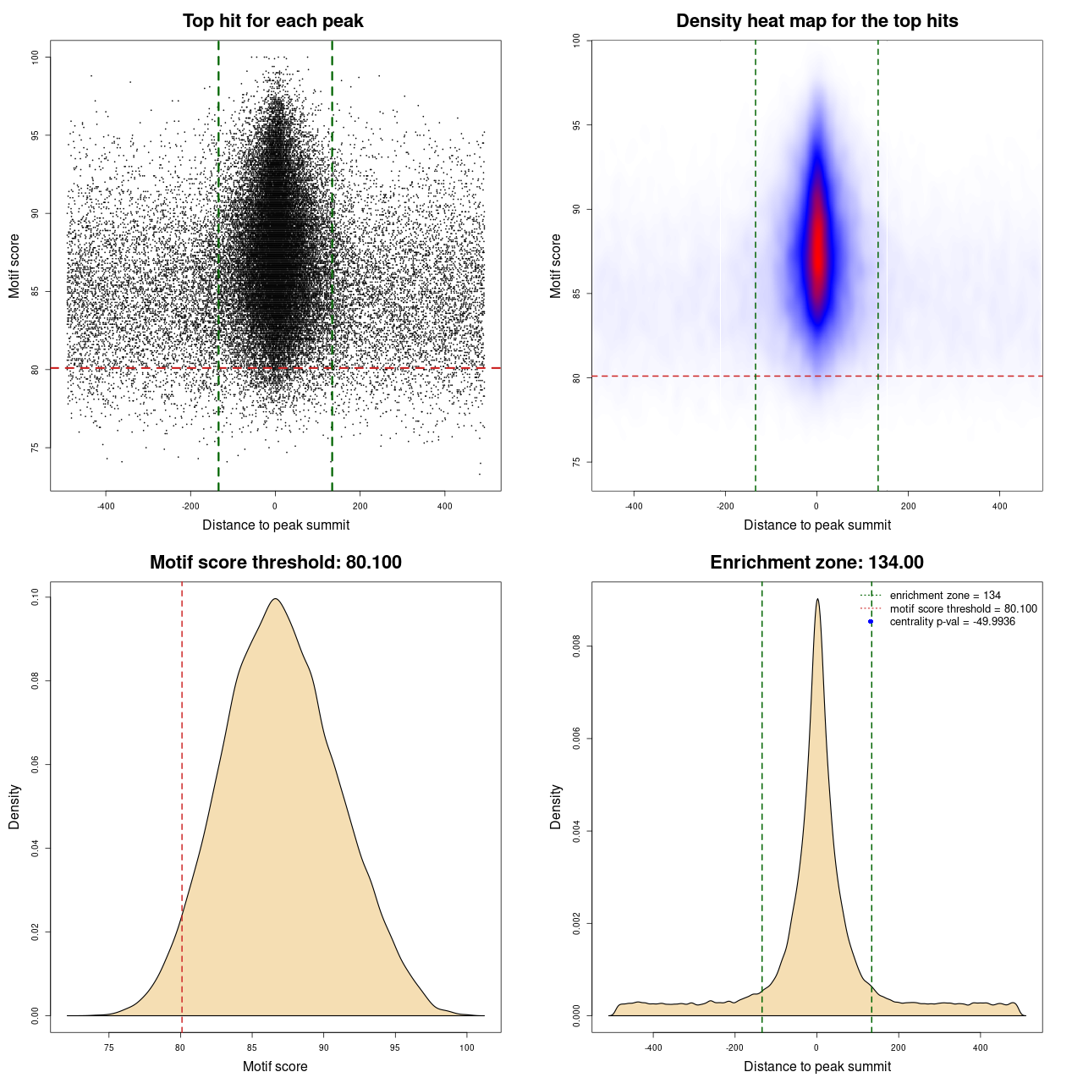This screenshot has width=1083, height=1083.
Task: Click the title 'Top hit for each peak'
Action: tap(273, 21)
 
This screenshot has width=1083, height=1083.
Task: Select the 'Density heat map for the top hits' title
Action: tap(816, 21)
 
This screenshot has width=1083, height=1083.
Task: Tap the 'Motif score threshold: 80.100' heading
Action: tap(275, 563)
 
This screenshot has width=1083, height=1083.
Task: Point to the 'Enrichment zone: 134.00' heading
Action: tap(816, 563)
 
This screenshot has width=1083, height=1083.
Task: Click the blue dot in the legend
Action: tap(871, 622)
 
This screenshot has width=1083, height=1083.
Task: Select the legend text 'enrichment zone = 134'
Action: tap(945, 596)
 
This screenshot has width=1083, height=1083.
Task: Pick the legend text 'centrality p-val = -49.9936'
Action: tap(952, 622)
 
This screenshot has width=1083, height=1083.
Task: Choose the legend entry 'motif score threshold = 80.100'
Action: tap(963, 609)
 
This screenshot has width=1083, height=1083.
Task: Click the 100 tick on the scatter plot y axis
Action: tap(35, 57)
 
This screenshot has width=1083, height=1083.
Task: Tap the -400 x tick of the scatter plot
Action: tap(106, 506)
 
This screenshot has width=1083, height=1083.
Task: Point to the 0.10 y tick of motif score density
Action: tap(35, 597)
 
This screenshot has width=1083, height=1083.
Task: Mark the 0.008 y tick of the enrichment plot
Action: tap(576, 647)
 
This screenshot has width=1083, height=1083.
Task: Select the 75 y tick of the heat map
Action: tap(576, 462)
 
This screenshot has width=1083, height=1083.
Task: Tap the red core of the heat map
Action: tap(817, 245)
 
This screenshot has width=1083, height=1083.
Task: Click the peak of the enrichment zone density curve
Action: tap(817, 600)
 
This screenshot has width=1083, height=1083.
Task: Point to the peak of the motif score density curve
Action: tap(275, 600)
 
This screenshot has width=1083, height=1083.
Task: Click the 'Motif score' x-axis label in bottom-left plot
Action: tap(275, 1066)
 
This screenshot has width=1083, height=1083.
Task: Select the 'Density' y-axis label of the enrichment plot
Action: tap(556, 806)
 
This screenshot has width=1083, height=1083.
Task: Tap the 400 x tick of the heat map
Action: tap(999, 506)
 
